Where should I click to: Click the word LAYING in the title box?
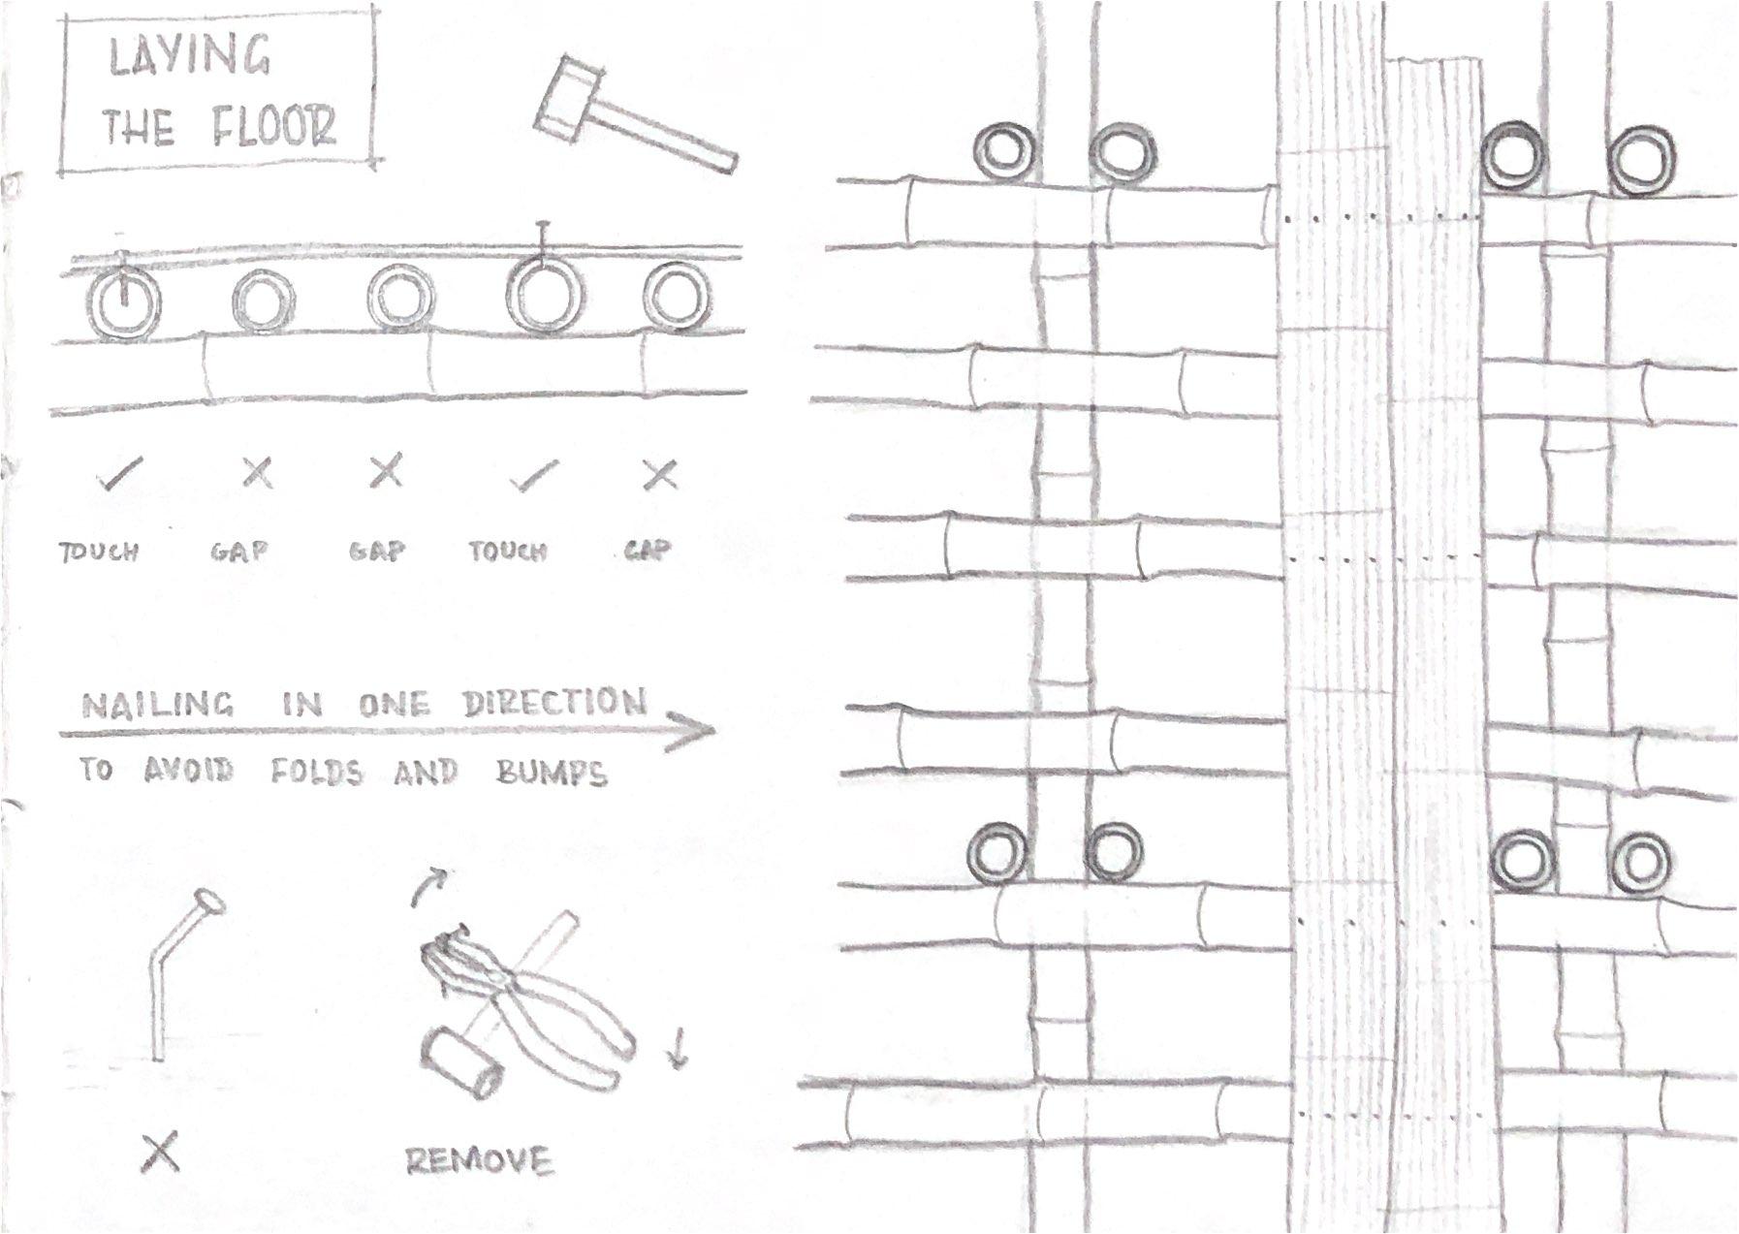coord(190,56)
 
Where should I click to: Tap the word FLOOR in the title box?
coord(274,126)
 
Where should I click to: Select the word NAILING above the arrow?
coord(158,705)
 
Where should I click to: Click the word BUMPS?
coord(552,773)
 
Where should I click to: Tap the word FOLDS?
coord(316,773)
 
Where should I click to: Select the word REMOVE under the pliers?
coord(478,1160)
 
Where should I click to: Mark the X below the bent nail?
coord(160,1153)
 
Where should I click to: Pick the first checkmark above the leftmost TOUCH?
coord(120,474)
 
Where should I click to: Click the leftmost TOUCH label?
coord(99,553)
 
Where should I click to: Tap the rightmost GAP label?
coord(647,551)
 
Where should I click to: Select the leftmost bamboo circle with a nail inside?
coord(124,304)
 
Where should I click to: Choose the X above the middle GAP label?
coord(386,472)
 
